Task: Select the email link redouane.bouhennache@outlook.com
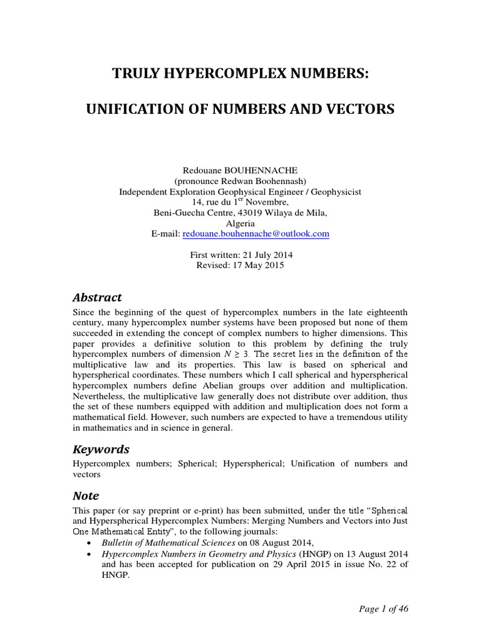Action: [x=256, y=233]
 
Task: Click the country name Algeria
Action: [x=240, y=223]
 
